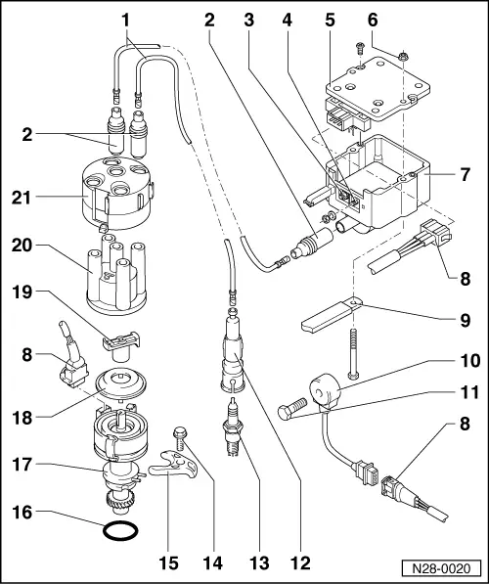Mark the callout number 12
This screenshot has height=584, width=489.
tap(305, 564)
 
